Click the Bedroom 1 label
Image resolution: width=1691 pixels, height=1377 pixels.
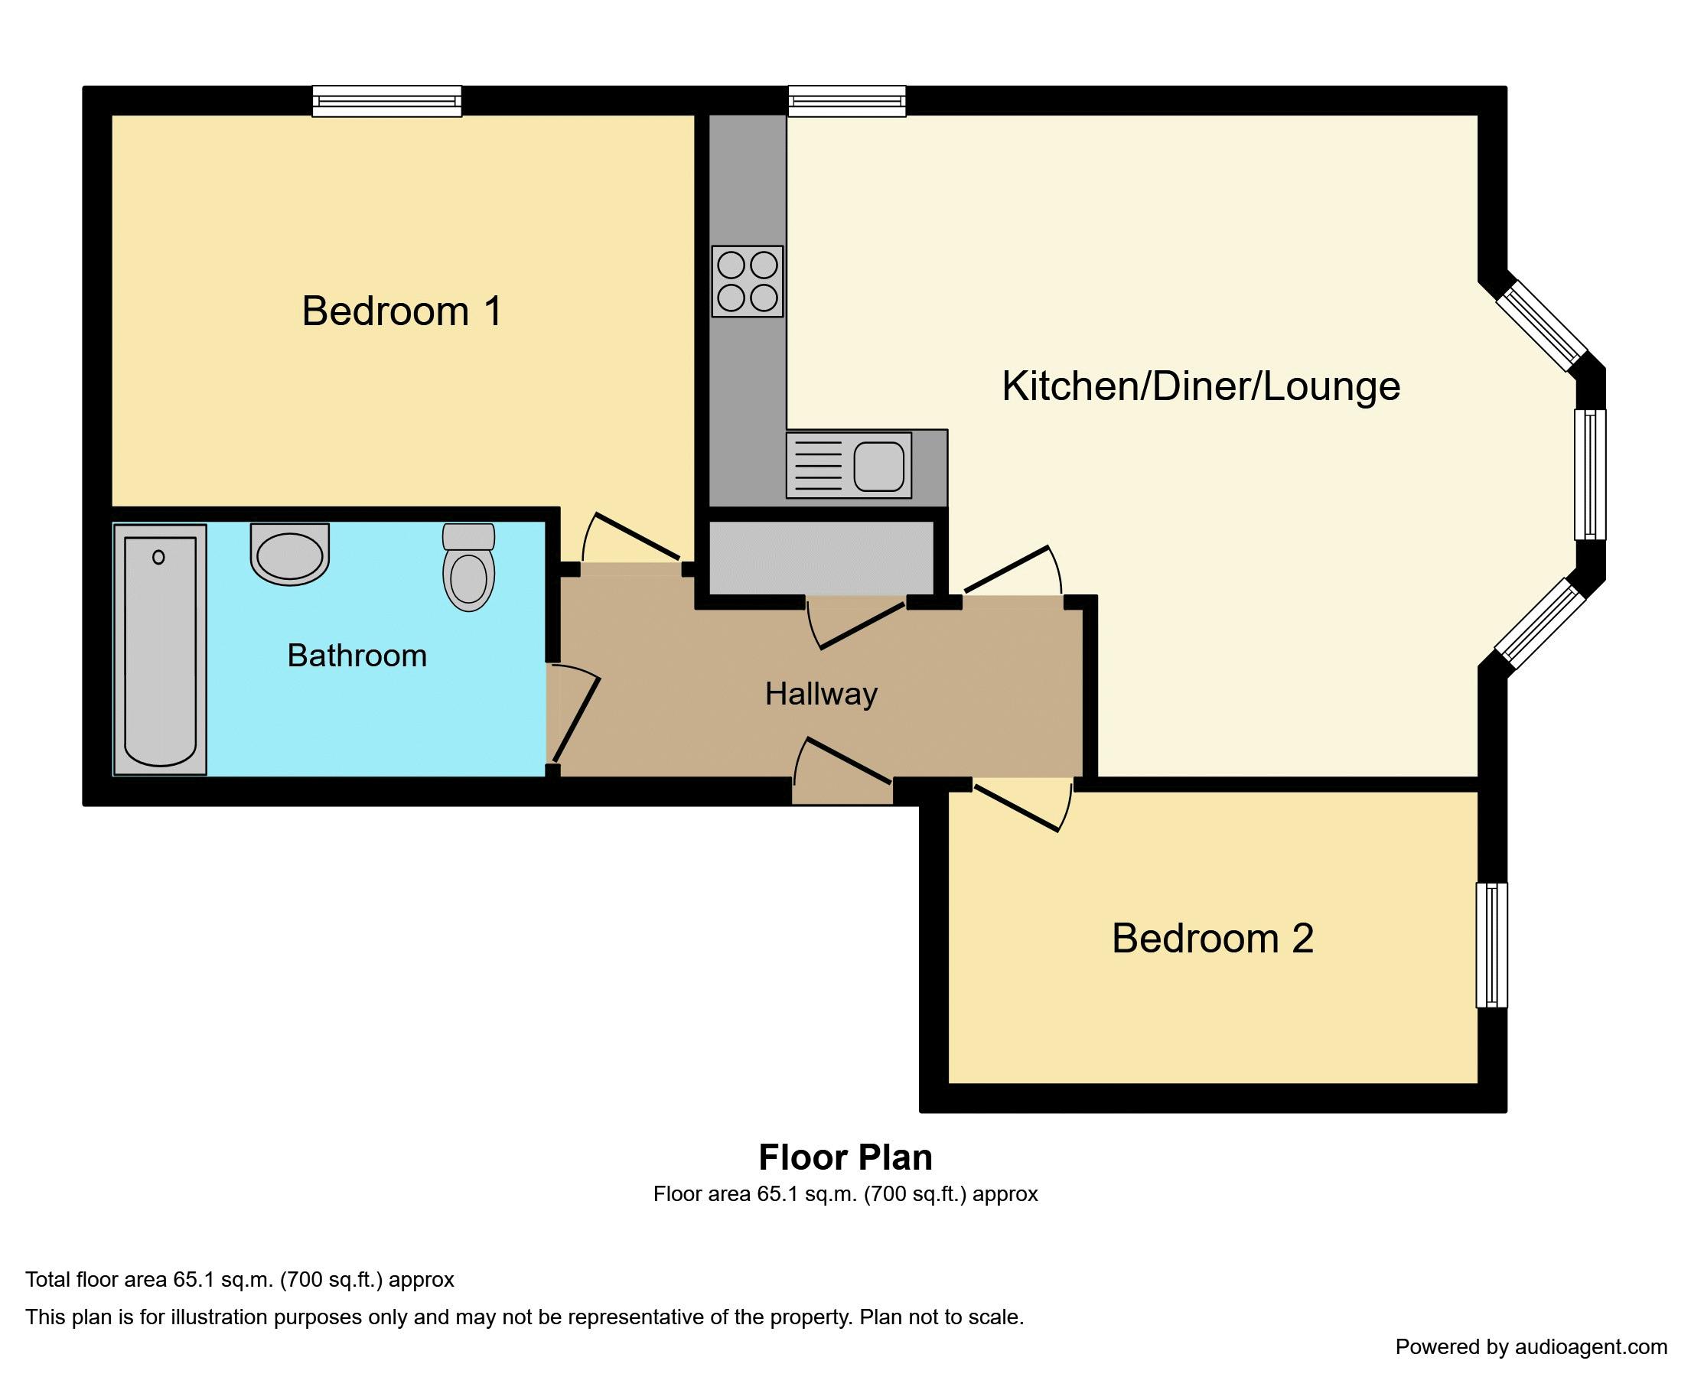pos(402,311)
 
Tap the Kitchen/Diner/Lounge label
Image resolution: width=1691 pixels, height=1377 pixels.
pos(1200,386)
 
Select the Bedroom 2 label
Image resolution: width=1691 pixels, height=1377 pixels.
pos(1212,939)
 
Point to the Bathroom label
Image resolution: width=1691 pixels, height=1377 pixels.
pos(357,656)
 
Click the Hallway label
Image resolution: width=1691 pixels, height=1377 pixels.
pos(821,694)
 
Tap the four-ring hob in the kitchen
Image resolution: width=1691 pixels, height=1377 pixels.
pos(747,282)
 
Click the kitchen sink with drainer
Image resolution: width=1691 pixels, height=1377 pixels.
pos(848,466)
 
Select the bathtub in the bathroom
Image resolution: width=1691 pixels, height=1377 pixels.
pos(160,649)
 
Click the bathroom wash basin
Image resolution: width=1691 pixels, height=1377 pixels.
pos(289,553)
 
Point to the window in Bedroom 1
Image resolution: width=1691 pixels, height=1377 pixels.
pos(386,102)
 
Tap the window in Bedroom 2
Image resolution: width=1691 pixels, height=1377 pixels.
pos(1491,946)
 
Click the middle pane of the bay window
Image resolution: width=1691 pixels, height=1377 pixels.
pos(1590,474)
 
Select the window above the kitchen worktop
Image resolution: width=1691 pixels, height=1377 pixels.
pos(846,102)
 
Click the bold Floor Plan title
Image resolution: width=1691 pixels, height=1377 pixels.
pos(845,1157)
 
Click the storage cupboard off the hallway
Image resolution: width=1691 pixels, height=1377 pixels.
pos(820,558)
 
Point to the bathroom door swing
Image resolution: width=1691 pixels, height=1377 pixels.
pos(573,714)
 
